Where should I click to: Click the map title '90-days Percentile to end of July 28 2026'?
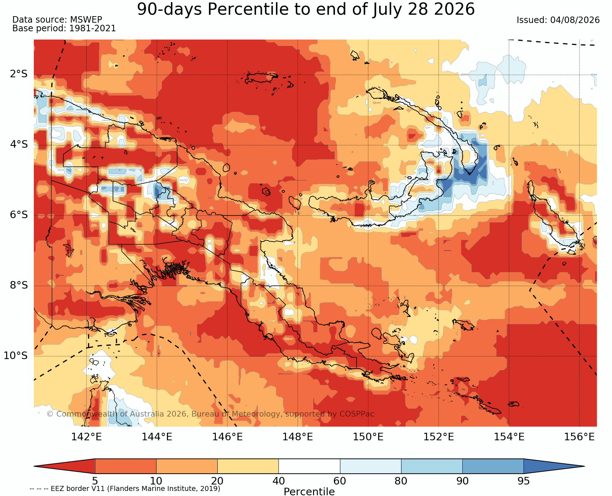306,9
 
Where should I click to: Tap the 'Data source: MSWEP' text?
57,20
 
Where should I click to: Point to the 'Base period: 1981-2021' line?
64,28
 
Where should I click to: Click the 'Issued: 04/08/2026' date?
558,20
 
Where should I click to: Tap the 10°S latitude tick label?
16,356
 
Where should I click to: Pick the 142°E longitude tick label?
86,437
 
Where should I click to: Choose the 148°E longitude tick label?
298,437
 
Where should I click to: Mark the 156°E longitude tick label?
579,437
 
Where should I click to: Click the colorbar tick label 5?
95,481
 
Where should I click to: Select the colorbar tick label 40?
278,481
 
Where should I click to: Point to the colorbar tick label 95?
523,481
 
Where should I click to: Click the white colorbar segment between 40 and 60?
309,466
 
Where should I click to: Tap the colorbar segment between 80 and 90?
432,466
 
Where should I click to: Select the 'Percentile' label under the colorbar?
309,492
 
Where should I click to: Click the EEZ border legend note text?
125,489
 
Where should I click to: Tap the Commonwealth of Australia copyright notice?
210,414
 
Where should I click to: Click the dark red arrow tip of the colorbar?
35,466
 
